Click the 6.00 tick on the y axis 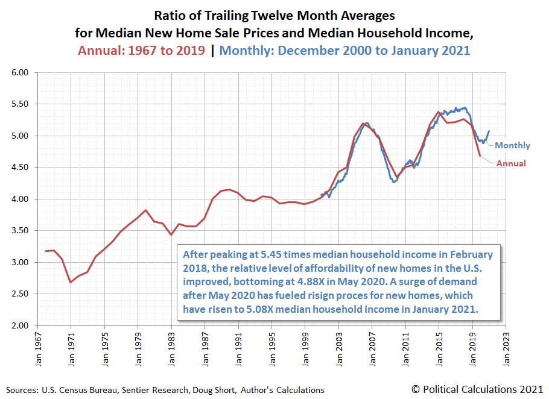pos(21,73)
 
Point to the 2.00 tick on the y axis pos(21,326)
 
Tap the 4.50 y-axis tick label pos(21,168)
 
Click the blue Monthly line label pos(513,145)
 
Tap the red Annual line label pos(511,163)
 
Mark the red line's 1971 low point pos(71,282)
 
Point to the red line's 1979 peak pos(145,210)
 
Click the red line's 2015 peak pos(438,112)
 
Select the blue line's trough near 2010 pos(395,181)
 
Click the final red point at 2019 pos(480,156)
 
